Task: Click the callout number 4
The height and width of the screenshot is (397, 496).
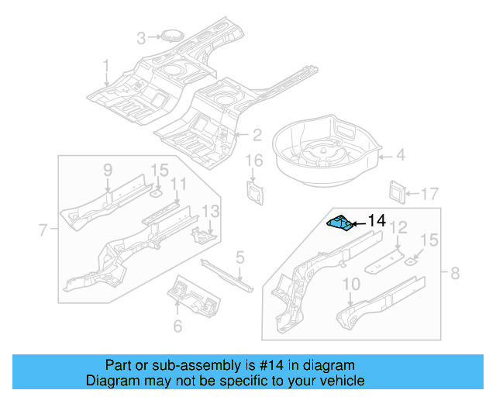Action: click(x=400, y=156)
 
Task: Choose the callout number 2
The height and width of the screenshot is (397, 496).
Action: click(x=256, y=134)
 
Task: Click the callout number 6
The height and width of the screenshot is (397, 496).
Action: click(x=177, y=326)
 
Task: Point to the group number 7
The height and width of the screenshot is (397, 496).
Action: click(x=43, y=229)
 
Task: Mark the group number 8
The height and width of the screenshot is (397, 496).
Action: click(x=454, y=272)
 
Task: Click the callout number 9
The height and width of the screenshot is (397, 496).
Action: click(x=108, y=170)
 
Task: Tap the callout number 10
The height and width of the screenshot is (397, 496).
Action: click(x=350, y=284)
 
